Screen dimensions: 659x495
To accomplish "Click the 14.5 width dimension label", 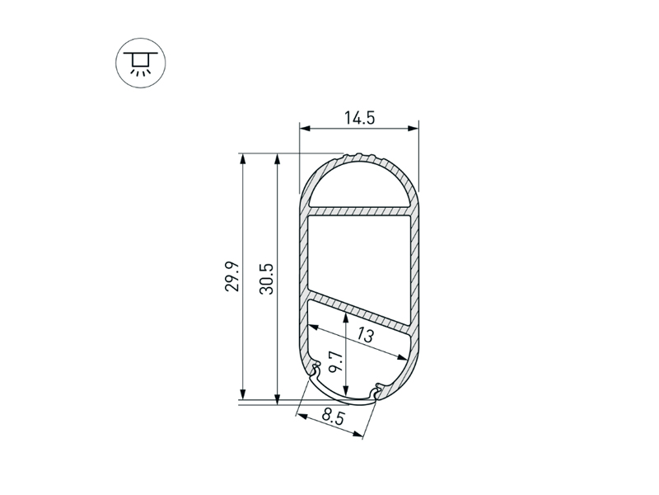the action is (359, 118).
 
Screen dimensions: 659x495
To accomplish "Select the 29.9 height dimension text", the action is (232, 276).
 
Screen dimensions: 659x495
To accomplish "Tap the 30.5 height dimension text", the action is (266, 279).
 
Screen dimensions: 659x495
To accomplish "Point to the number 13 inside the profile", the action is (365, 335).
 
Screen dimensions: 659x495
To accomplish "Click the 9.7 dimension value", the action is (336, 362).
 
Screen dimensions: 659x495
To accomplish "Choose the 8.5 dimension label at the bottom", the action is (333, 417).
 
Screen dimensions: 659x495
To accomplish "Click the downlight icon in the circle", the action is (141, 63).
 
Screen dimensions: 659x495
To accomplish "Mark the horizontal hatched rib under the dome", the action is (359, 211).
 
